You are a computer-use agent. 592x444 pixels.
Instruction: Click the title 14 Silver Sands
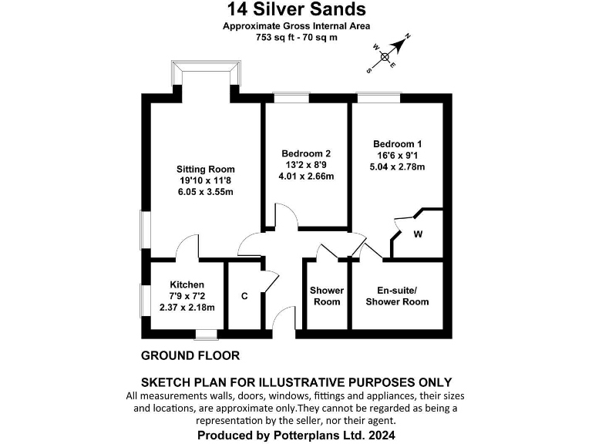pos(296,10)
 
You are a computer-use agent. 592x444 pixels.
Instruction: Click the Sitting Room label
pos(205,169)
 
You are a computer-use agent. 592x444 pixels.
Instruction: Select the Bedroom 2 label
pos(306,153)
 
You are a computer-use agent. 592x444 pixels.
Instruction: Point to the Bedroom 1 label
pos(398,143)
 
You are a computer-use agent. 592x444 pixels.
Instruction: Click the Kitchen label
pos(187,284)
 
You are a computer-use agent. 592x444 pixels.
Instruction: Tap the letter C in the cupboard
pos(244,296)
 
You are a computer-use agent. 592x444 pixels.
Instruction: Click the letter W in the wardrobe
pos(417,234)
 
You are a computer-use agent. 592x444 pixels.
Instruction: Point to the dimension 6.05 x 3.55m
pos(205,192)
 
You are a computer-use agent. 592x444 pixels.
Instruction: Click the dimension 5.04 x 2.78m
pos(398,166)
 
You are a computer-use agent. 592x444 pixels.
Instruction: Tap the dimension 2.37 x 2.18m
pos(187,308)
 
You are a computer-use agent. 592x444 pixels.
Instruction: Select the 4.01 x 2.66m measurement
pos(306,176)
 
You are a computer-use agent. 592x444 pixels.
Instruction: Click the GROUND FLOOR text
pos(190,355)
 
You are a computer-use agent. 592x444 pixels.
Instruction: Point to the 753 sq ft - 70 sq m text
pos(296,37)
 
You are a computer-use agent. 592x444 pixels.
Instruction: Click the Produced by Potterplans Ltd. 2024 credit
pos(296,436)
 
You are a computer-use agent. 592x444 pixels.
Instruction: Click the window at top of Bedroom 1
pos(378,98)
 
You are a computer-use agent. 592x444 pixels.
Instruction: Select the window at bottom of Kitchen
pos(205,334)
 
